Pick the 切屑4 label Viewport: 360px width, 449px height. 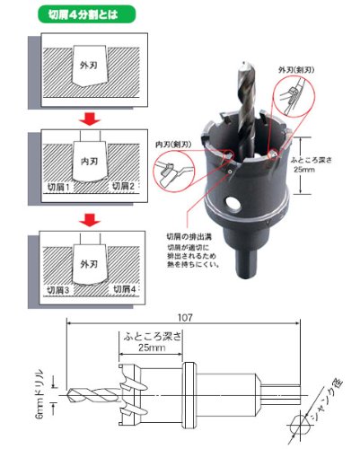pos(123,290)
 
